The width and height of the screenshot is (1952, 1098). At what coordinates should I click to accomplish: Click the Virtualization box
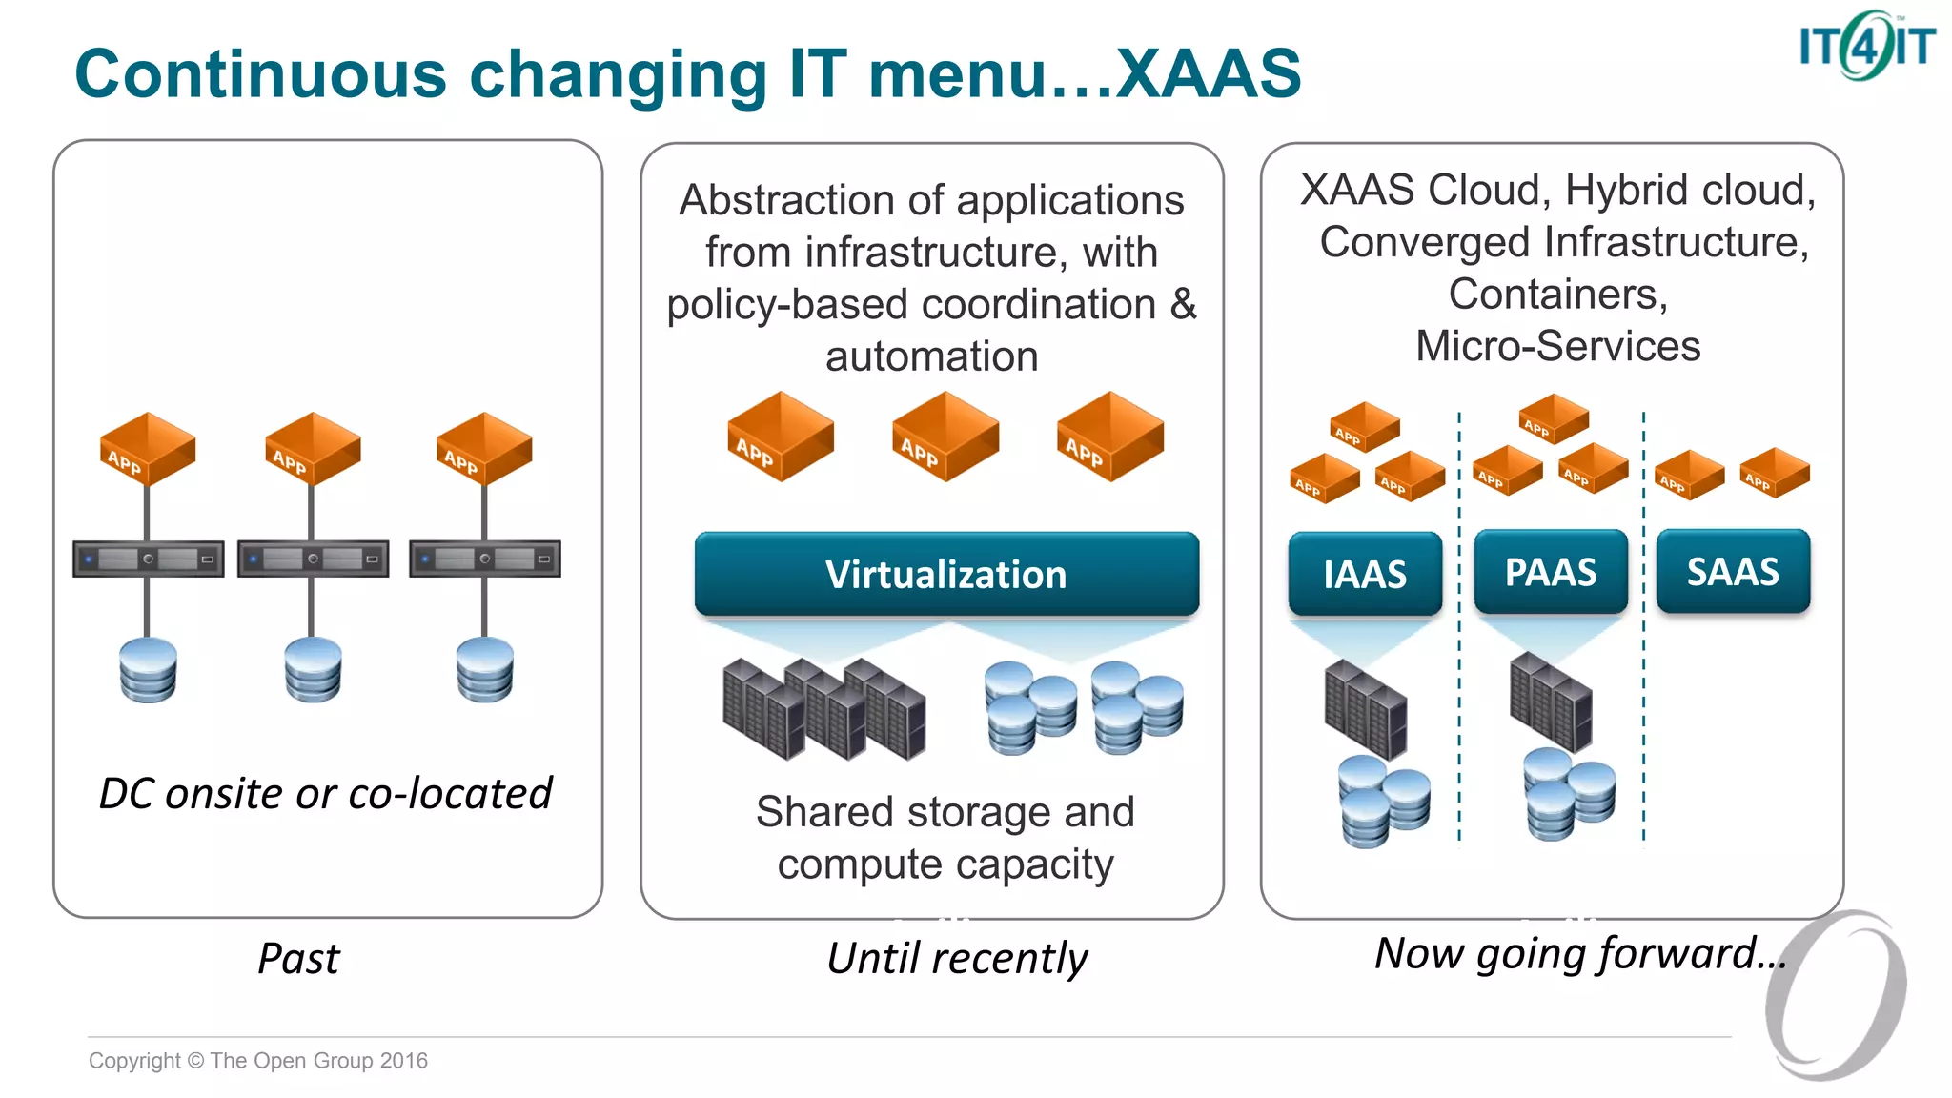click(945, 574)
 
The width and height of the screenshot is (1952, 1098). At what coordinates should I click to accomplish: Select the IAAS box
click(1364, 574)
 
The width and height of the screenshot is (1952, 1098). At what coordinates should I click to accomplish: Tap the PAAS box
click(1550, 572)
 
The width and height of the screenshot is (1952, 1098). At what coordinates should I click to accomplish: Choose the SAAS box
click(1732, 571)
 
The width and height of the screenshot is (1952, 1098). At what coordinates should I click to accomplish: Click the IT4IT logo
click(1865, 46)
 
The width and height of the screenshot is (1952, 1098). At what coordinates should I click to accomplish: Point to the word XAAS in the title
click(1208, 73)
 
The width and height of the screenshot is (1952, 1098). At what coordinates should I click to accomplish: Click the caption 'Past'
click(298, 958)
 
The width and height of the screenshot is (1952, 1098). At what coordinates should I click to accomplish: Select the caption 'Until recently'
click(956, 958)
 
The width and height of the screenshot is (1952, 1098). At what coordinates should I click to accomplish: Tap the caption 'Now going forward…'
click(1579, 953)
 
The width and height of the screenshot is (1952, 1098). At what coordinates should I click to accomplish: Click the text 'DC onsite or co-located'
click(325, 793)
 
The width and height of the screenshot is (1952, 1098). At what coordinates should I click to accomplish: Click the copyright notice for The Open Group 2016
click(257, 1060)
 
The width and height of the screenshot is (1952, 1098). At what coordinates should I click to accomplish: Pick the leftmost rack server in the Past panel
click(148, 559)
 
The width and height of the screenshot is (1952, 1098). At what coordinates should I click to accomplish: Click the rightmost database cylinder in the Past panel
click(484, 670)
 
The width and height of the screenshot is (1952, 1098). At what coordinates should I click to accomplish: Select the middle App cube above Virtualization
click(945, 437)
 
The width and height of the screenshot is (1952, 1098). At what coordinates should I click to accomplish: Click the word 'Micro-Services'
click(1557, 346)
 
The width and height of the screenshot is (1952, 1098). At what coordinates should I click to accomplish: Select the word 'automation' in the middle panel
click(931, 356)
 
